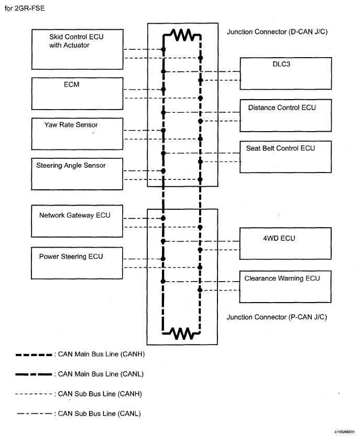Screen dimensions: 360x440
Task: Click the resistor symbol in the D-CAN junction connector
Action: pyautogui.click(x=182, y=35)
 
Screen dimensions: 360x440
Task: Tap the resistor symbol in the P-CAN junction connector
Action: pyautogui.click(x=181, y=333)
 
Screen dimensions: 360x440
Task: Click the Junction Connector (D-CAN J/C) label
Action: pyautogui.click(x=277, y=32)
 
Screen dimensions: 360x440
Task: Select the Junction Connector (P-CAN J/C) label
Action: pyautogui.click(x=277, y=317)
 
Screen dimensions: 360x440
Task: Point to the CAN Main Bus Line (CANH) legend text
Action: pyautogui.click(x=101, y=354)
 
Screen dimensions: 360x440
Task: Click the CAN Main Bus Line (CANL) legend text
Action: pyautogui.click(x=101, y=374)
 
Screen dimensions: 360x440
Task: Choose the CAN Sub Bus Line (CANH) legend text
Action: pyautogui.click(x=100, y=394)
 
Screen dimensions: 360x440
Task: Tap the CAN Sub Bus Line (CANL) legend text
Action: pyautogui.click(x=99, y=414)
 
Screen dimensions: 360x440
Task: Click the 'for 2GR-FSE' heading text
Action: pyautogui.click(x=25, y=8)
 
